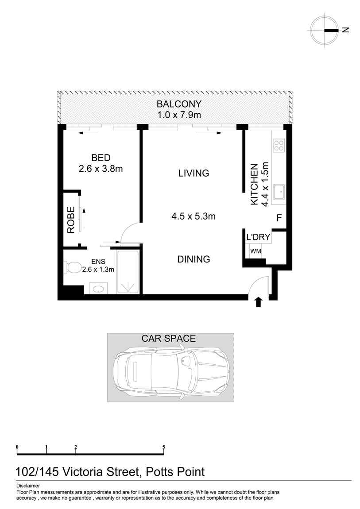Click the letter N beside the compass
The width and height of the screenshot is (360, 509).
(346, 30)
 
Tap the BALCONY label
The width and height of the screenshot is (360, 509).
(179, 104)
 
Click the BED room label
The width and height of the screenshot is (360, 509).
(101, 158)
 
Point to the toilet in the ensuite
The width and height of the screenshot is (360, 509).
(73, 267)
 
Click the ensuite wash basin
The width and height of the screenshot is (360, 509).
(99, 289)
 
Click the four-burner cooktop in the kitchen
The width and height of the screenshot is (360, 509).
(279, 145)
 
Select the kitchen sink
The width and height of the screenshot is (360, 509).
(279, 193)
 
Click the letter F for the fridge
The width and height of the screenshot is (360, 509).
(279, 218)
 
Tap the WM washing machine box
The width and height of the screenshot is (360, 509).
(255, 251)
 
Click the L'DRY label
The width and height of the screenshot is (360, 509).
(258, 237)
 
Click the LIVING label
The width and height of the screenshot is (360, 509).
(194, 173)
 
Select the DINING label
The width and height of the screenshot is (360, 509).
(194, 259)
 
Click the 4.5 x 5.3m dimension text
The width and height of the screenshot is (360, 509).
(194, 216)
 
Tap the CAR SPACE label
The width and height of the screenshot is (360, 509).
(168, 339)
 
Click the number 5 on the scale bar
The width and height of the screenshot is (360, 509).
(164, 447)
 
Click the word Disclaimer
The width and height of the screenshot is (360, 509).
(28, 486)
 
